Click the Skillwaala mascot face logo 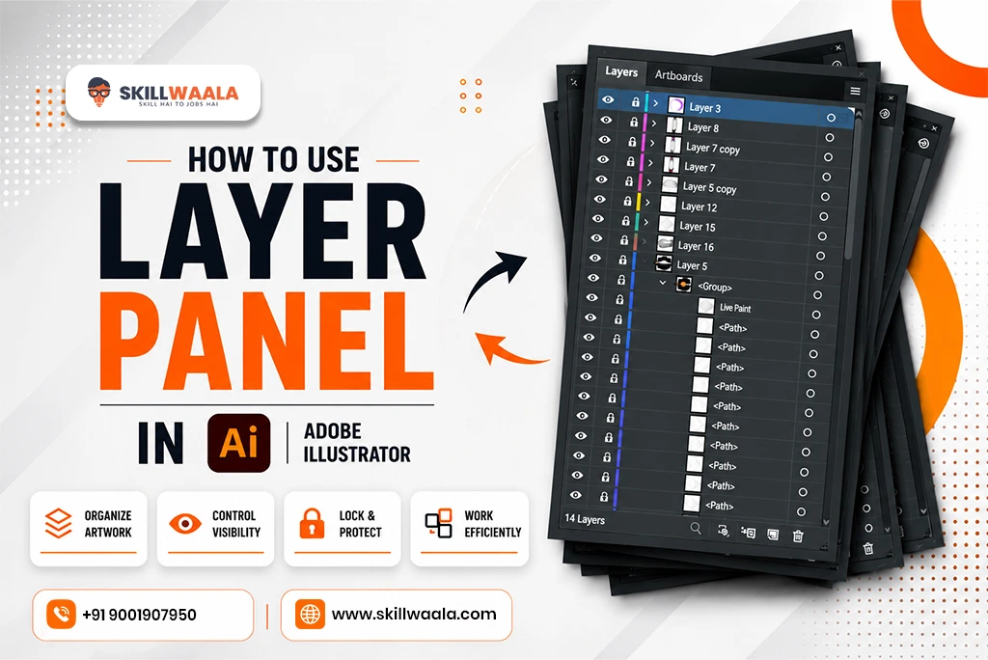pyautogui.click(x=99, y=92)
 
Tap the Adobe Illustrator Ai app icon pyautogui.click(x=239, y=443)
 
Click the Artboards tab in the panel pyautogui.click(x=678, y=76)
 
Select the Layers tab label pyautogui.click(x=621, y=71)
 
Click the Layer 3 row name pyautogui.click(x=704, y=108)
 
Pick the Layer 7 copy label pyautogui.click(x=713, y=149)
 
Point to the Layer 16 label pyautogui.click(x=696, y=246)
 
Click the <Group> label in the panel pyautogui.click(x=715, y=287)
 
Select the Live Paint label pyautogui.click(x=735, y=308)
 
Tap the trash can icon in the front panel pyautogui.click(x=798, y=536)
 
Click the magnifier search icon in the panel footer pyautogui.click(x=696, y=528)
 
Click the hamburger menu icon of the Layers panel pyautogui.click(x=855, y=92)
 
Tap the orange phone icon pyautogui.click(x=61, y=614)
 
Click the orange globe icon pyautogui.click(x=310, y=614)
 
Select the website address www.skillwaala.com pyautogui.click(x=414, y=614)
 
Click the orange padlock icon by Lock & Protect pyautogui.click(x=312, y=523)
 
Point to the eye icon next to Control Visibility pyautogui.click(x=185, y=523)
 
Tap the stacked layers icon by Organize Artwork pyautogui.click(x=58, y=523)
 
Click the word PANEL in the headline pyautogui.click(x=266, y=341)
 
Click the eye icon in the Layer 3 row pyautogui.click(x=608, y=99)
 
